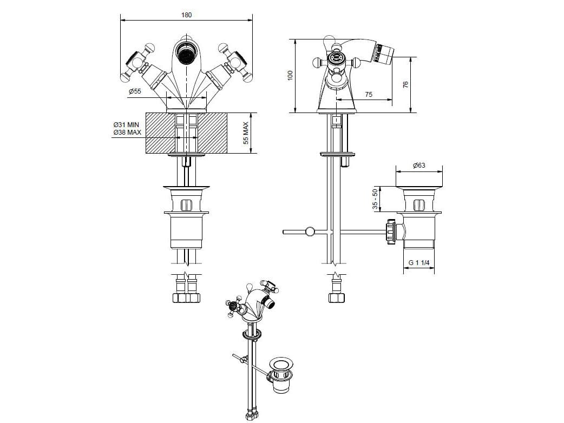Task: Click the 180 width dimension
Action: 186,15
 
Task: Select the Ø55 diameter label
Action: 135,92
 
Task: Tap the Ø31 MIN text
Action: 126,124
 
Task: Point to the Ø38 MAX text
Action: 126,133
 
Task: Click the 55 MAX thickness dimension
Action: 246,133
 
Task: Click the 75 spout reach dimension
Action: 369,94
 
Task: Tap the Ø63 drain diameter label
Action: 419,166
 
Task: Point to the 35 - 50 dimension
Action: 375,200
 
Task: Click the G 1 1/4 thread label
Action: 419,263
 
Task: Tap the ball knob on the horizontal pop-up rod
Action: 310,232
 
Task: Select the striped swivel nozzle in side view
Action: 384,52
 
